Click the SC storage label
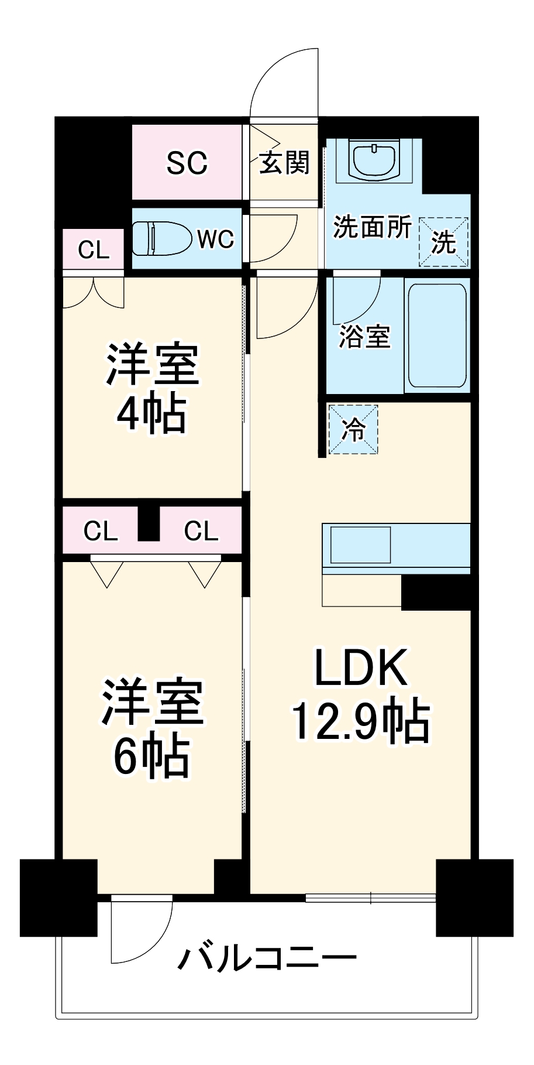click(x=187, y=163)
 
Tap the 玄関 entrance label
click(x=284, y=162)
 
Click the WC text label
click(x=215, y=239)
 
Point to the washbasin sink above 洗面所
click(x=374, y=159)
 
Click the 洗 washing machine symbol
click(x=443, y=242)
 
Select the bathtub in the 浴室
click(x=437, y=336)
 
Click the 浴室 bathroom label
click(x=364, y=337)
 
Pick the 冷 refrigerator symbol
click(x=353, y=430)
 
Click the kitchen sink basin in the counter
click(x=360, y=545)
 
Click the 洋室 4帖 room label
click(x=152, y=389)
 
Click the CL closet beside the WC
click(x=94, y=250)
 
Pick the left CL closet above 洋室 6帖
click(x=100, y=531)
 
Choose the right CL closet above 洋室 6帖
click(x=201, y=531)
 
